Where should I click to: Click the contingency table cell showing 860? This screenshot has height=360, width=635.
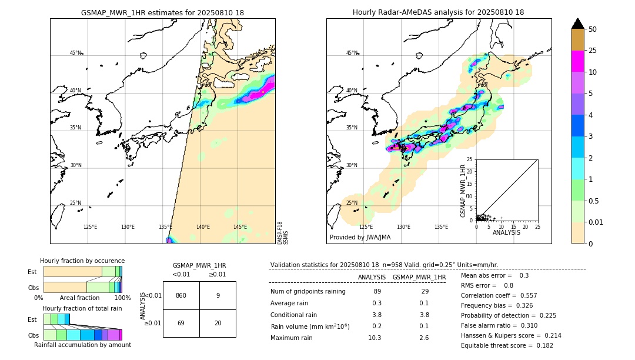coord(181,295)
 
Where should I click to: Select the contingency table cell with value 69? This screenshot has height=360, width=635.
coord(181,323)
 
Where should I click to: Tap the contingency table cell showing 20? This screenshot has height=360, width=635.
coord(218,323)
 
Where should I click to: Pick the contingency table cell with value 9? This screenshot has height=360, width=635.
coord(218,295)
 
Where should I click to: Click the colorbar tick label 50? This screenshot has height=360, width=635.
coord(593,29)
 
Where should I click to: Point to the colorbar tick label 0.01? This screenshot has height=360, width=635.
coord(596,222)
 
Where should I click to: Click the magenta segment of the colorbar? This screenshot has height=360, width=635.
coord(578,61)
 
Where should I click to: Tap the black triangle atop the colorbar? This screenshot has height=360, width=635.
coord(578,24)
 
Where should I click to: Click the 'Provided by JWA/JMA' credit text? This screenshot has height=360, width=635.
coord(360,237)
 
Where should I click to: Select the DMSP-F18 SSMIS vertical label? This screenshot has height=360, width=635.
coord(283,232)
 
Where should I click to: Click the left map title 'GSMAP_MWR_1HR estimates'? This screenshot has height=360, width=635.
coord(162,12)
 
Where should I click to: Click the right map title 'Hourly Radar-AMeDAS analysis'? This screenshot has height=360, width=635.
coord(438,12)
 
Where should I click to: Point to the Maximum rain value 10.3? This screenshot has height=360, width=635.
coord(375,338)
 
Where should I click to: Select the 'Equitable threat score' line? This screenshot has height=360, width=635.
coord(507,345)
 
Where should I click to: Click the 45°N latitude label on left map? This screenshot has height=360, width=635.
coord(76,53)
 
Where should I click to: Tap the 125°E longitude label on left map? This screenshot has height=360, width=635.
coord(90,227)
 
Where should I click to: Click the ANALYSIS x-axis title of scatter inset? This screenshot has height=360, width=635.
coord(506,232)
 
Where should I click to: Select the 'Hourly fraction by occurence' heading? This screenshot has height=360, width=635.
coord(82,261)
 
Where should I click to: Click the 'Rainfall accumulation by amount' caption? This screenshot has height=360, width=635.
coord(82,345)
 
